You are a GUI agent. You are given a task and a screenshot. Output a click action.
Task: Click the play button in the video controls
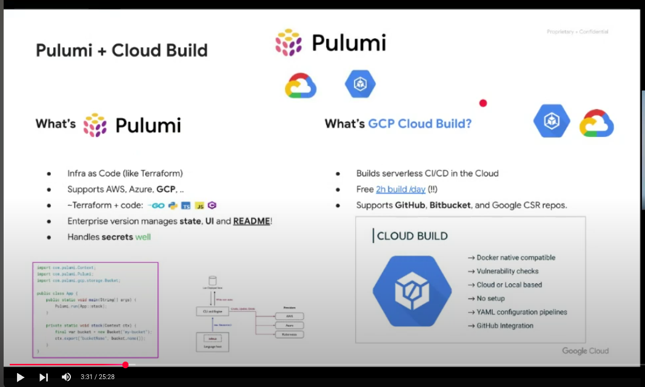pos(20,377)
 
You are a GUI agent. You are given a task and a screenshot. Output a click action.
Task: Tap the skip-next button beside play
pos(44,377)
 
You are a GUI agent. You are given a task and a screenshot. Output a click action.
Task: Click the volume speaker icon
pos(66,377)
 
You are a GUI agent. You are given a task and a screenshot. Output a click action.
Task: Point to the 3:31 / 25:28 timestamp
pos(98,377)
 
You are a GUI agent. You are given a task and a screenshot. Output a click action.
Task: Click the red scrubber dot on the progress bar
pos(125,365)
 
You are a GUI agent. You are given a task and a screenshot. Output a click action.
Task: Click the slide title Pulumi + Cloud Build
pos(121,50)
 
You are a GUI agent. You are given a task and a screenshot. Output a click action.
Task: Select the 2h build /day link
pos(401,190)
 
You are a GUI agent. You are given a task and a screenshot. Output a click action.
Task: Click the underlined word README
pos(252,221)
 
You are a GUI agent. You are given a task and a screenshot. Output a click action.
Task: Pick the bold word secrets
pos(117,237)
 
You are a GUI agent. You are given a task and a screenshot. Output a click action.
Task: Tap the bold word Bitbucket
pos(450,205)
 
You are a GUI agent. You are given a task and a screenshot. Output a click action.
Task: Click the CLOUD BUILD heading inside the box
pos(412,236)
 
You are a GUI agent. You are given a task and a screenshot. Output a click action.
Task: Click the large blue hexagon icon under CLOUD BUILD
pos(412,291)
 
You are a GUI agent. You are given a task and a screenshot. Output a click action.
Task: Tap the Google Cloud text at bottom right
pos(585,351)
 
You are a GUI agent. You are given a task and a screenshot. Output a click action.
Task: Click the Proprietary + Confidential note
pos(577,31)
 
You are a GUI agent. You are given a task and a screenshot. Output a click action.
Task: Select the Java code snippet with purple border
pos(95,309)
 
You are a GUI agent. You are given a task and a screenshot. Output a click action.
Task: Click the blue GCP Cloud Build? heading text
pos(419,124)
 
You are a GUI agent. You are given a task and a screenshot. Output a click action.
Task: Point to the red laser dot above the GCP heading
pos(483,103)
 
